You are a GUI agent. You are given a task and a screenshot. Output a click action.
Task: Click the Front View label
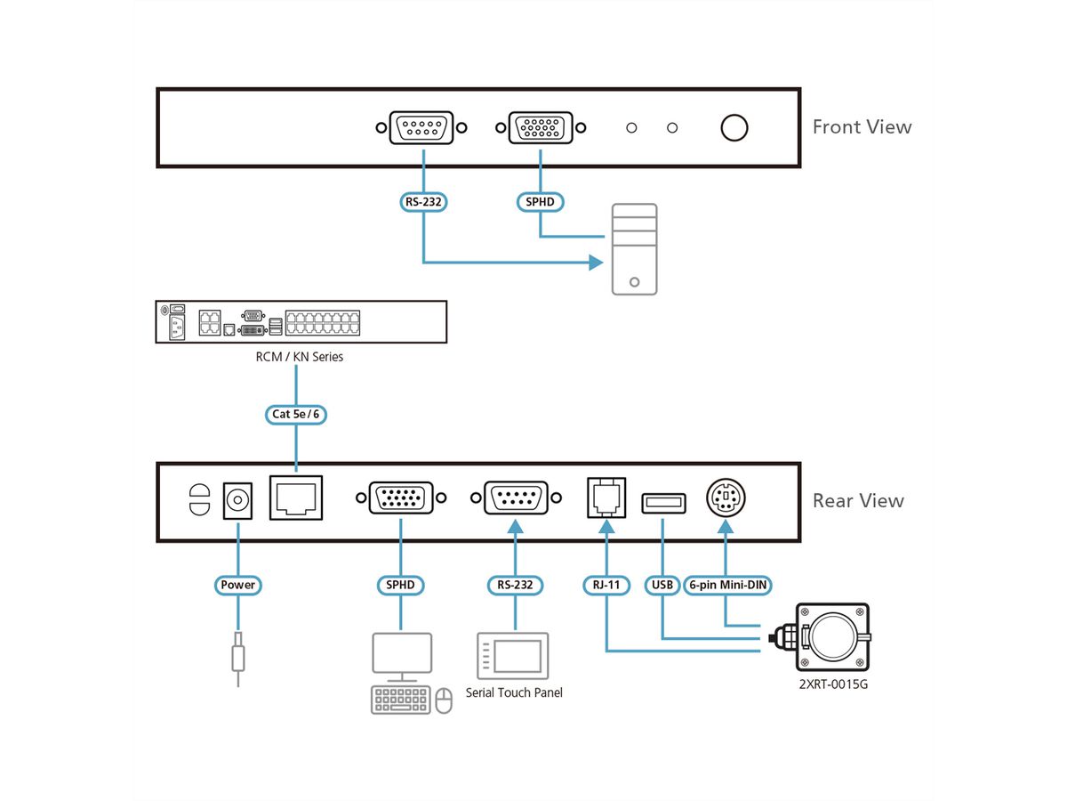[x=862, y=127]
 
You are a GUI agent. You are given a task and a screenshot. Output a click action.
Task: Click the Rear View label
[x=858, y=500]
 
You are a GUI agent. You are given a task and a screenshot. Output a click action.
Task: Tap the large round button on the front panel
[x=734, y=128]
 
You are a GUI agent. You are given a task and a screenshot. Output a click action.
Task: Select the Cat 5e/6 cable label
[x=295, y=415]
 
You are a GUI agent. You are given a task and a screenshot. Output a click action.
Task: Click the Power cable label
[x=237, y=585]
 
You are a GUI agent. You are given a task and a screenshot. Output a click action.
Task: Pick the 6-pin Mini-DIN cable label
[x=727, y=585]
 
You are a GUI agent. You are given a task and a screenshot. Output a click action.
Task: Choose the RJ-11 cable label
[x=606, y=585]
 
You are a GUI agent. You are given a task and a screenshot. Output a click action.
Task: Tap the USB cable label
[x=662, y=585]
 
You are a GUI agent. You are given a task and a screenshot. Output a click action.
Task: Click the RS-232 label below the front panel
[x=423, y=202]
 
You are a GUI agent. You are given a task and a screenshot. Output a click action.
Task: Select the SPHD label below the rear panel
[x=400, y=585]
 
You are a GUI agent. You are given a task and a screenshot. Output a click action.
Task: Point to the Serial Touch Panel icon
[x=513, y=656]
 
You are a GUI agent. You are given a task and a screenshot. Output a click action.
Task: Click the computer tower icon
[x=634, y=249]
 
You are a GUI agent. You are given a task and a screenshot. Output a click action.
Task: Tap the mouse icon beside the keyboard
[x=444, y=700]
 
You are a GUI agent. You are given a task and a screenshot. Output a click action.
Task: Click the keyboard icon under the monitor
[x=400, y=700]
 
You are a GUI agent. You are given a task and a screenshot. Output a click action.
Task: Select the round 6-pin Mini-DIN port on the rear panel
[x=726, y=498]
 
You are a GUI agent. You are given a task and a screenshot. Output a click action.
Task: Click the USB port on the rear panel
[x=663, y=504]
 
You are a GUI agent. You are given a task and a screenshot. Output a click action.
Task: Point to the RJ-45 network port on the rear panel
[x=296, y=498]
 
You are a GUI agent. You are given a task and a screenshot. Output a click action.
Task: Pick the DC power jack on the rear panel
[x=237, y=500]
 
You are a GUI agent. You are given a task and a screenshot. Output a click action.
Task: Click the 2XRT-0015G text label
[x=833, y=684]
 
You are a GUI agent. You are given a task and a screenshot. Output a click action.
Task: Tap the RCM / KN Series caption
[x=300, y=357]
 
